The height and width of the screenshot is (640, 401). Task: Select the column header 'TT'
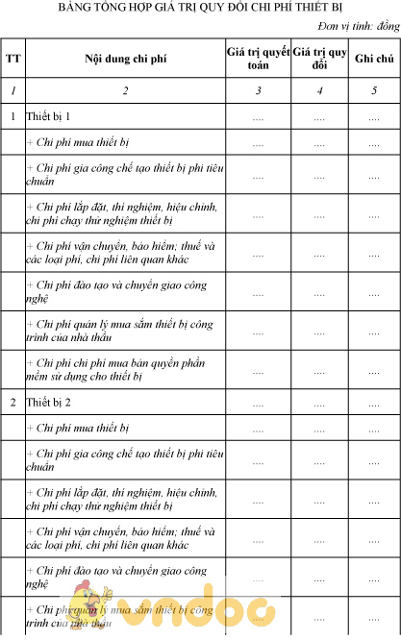click(13, 59)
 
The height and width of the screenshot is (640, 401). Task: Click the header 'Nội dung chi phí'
click(125, 59)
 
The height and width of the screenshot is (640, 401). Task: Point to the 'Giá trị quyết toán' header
click(257, 59)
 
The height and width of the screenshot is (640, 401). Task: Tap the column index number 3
click(257, 91)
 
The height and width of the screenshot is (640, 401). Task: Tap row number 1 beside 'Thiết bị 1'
click(13, 116)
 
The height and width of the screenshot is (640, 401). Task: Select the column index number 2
click(125, 91)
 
